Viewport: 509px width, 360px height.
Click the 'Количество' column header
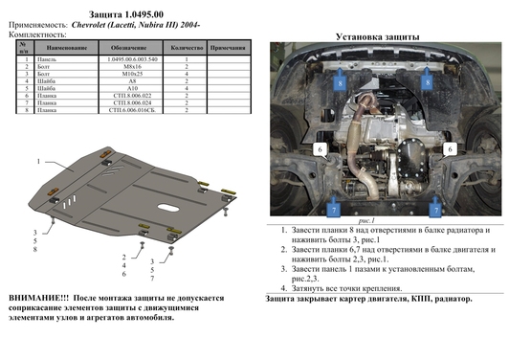pyautogui.click(x=185, y=47)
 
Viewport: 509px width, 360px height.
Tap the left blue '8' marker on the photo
pyautogui.click(x=338, y=84)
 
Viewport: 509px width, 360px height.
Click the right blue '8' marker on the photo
pyautogui.click(x=427, y=84)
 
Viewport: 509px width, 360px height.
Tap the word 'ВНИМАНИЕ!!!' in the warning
pyautogui.click(x=37, y=300)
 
